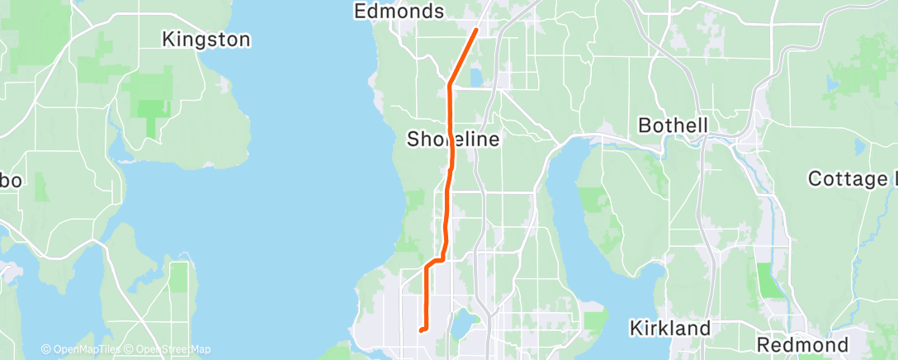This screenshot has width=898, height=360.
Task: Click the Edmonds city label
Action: [399, 11]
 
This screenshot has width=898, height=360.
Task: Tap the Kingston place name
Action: [206, 39]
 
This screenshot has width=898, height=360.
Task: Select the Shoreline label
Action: [453, 140]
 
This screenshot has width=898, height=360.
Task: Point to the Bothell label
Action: [674, 126]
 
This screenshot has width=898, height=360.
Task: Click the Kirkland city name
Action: [669, 328]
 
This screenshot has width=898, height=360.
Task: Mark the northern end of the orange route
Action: [476, 31]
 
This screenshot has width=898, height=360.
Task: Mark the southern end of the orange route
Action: [421, 330]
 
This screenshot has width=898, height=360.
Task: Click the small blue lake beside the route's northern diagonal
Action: [476, 78]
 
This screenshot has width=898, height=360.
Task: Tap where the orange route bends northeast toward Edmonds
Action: [449, 84]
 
